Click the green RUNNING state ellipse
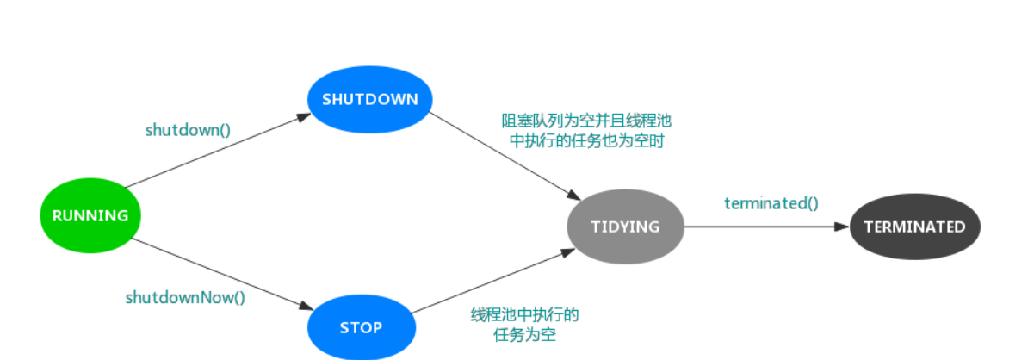[90, 215]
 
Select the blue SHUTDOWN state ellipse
[370, 99]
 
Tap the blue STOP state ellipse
[361, 327]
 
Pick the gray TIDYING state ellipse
[625, 227]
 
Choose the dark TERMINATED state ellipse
[915, 227]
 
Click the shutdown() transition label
[188, 130]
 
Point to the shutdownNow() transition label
[185, 298]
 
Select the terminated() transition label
[771, 203]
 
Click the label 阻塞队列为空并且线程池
[586, 121]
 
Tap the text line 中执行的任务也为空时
[586, 140]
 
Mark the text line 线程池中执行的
[524, 314]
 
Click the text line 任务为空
[524, 334]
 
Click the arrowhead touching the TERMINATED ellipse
[843, 227]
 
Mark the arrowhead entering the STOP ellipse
[305, 307]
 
